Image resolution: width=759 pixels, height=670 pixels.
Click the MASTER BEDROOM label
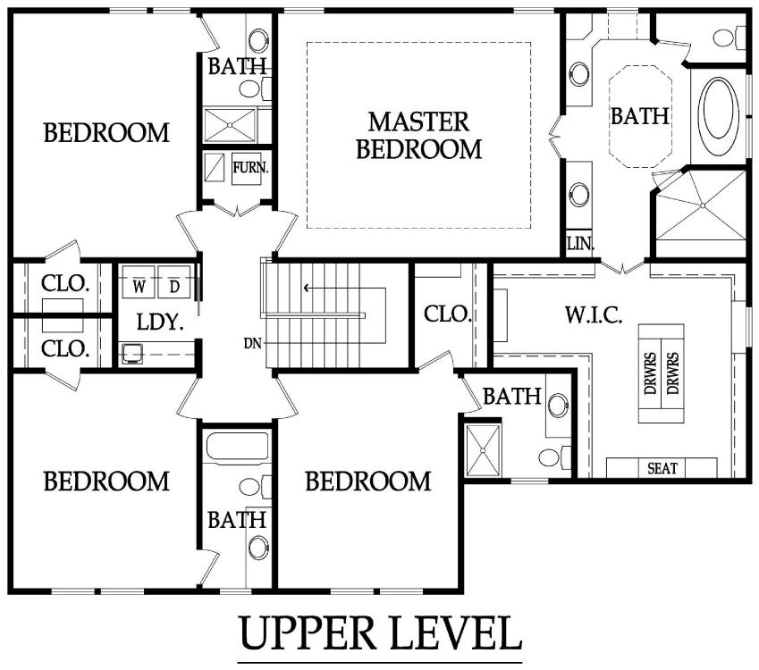419,136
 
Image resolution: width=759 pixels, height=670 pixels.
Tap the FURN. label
250,168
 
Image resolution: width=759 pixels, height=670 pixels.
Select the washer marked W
139,281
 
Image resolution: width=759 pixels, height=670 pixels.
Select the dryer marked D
174,281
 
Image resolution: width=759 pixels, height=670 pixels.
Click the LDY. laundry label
160,322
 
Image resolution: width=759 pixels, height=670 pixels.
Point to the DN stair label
253,343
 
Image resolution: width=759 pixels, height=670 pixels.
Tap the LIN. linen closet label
580,243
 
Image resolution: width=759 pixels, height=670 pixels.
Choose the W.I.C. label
594,315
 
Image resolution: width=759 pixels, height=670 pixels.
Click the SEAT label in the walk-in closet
662,468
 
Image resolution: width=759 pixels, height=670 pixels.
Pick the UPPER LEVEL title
381,632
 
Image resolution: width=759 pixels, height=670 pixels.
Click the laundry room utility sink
131,354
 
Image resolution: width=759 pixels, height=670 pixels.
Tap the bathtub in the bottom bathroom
237,446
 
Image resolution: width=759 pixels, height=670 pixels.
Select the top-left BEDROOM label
106,132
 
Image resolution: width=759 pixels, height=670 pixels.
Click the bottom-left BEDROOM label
106,481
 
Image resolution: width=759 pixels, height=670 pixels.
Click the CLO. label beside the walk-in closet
448,314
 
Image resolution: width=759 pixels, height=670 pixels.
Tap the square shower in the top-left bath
230,125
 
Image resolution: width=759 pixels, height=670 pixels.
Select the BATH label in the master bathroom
639,116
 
